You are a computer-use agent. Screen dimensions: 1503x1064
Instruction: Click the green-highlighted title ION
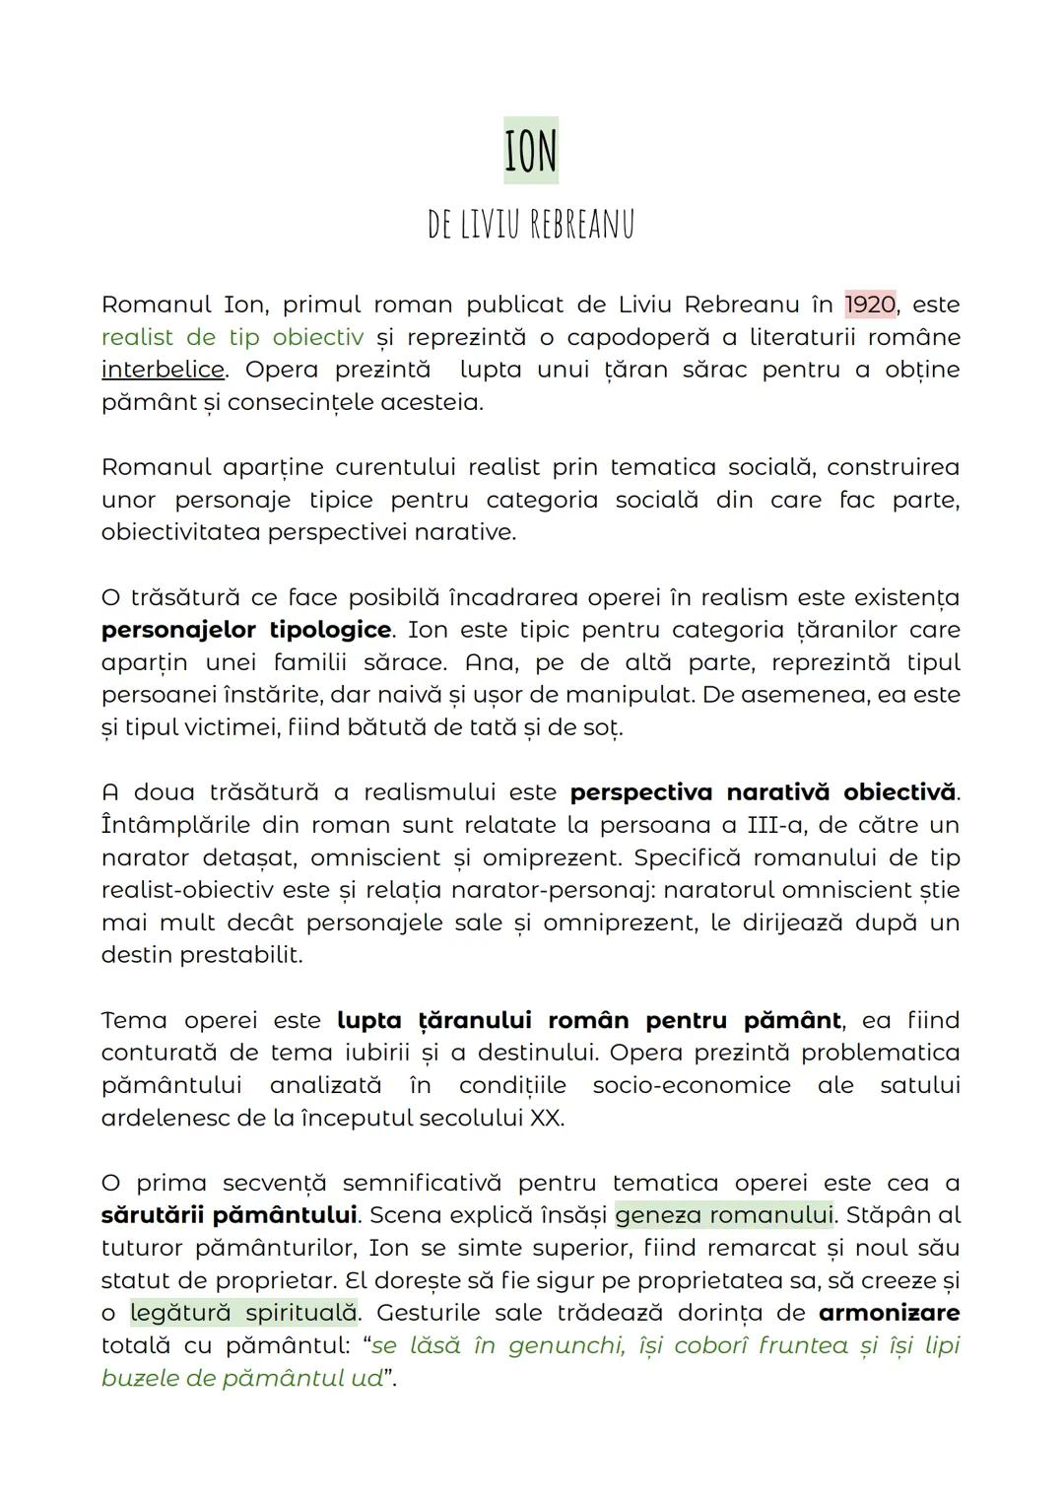coord(530,151)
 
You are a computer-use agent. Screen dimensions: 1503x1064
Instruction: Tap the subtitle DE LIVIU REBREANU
coord(531,225)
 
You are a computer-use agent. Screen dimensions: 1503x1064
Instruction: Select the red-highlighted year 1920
coord(870,305)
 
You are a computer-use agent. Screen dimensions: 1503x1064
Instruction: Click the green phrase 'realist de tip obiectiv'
coord(233,337)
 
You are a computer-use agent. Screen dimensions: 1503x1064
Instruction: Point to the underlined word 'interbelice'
coord(163,370)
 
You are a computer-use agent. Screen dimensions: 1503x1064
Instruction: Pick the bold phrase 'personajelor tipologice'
coord(246,630)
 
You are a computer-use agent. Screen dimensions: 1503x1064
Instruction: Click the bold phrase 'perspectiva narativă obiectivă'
coord(763,792)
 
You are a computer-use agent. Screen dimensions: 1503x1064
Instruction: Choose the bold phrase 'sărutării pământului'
coord(229,1215)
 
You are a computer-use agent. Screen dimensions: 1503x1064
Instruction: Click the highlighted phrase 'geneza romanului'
coord(723,1215)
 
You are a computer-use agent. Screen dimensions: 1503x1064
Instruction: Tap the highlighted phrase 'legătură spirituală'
coord(243,1313)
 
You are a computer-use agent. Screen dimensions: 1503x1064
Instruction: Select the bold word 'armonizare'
coord(889,1313)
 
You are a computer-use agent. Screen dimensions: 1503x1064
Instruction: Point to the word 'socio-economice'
coord(692,1085)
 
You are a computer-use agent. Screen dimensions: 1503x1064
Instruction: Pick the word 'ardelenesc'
coord(166,1118)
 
